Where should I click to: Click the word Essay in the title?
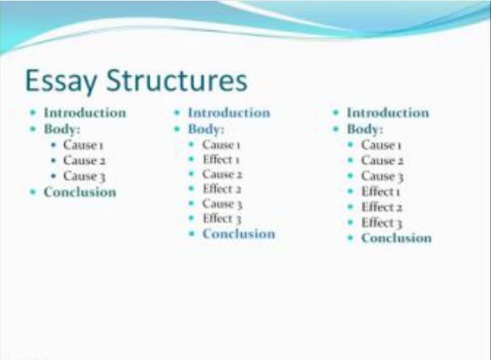click(x=61, y=81)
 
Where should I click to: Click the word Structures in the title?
click(x=177, y=81)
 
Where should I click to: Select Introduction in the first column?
click(x=85, y=113)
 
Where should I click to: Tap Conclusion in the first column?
click(x=80, y=192)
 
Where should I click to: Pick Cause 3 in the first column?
click(x=84, y=176)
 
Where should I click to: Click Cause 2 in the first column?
click(x=84, y=160)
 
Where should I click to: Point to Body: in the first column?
click(x=62, y=129)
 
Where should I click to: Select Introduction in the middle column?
click(x=229, y=113)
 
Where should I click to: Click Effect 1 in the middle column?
click(x=221, y=159)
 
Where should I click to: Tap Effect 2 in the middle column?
click(x=222, y=189)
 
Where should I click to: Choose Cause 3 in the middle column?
click(x=222, y=204)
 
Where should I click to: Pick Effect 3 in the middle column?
click(x=222, y=219)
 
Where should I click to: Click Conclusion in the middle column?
click(x=239, y=233)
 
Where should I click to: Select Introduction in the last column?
click(x=387, y=113)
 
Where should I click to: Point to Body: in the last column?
click(x=365, y=129)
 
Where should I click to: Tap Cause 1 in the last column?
click(x=381, y=145)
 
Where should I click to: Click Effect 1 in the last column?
click(x=381, y=192)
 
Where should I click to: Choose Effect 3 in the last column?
click(x=382, y=223)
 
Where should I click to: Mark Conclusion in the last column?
click(x=396, y=238)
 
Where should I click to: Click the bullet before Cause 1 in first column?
click(x=53, y=145)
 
